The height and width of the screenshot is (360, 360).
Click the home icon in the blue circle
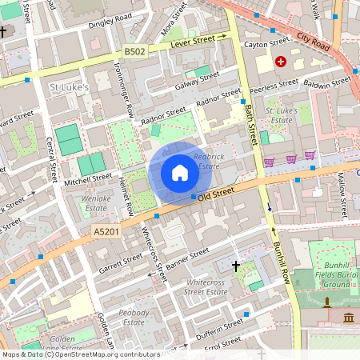pos(179,172)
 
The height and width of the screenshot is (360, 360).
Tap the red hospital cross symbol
pos(281,62)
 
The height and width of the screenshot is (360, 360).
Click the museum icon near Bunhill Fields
pos(350,319)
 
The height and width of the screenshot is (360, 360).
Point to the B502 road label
pos(135,51)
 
